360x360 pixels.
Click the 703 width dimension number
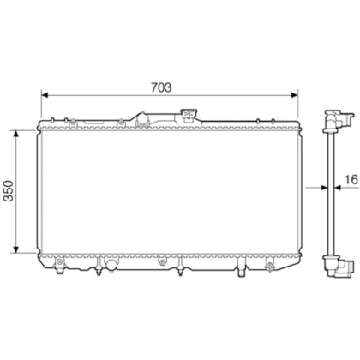click(161, 87)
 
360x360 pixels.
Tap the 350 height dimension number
click(9, 191)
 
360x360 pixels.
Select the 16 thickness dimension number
click(351, 180)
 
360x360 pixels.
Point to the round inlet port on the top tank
click(142, 120)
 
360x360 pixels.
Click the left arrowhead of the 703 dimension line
click(45, 95)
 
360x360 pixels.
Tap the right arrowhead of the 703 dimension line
click(294, 95)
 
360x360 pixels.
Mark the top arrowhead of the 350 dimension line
click(16, 135)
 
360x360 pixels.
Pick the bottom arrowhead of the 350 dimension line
click(16, 249)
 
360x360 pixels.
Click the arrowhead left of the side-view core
click(324, 188)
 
